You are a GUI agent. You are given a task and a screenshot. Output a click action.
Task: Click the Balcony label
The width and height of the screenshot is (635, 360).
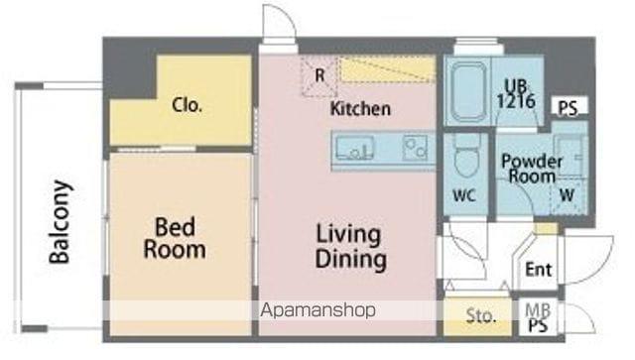61,222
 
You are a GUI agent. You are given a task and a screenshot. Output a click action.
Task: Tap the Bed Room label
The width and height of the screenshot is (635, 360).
175,238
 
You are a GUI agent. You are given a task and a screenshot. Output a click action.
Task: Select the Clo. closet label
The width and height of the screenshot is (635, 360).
187,105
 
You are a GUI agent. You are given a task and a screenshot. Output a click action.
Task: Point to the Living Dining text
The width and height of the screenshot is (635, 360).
350,247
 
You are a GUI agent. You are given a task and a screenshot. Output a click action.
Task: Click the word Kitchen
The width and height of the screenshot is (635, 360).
360,109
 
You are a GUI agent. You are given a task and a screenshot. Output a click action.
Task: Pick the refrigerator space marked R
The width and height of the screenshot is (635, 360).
319,75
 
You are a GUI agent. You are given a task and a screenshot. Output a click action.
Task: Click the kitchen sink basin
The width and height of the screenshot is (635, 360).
355,148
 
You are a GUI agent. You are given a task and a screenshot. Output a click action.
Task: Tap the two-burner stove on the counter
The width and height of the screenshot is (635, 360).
415,148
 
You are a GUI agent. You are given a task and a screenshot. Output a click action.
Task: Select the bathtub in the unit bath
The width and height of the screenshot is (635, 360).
467,91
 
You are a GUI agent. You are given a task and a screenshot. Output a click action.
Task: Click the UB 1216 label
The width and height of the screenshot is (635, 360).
516,94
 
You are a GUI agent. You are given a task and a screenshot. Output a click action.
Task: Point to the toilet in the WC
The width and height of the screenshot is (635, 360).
467,156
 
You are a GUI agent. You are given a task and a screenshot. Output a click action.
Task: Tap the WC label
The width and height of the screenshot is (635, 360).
464,195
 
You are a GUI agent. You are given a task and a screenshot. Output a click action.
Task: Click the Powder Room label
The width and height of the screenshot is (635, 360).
532,169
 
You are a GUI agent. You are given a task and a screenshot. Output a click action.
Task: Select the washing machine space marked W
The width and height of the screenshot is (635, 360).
568,195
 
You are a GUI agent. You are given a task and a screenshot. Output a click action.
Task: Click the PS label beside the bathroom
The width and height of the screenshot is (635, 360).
568,108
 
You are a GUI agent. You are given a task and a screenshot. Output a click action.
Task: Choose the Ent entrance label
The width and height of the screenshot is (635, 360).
538,270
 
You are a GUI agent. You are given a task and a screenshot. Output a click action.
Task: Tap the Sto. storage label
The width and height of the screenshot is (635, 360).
480,315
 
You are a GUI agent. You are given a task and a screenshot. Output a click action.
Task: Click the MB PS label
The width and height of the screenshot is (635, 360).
538,318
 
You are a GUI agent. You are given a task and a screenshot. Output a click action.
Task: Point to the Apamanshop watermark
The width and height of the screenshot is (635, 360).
317,310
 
